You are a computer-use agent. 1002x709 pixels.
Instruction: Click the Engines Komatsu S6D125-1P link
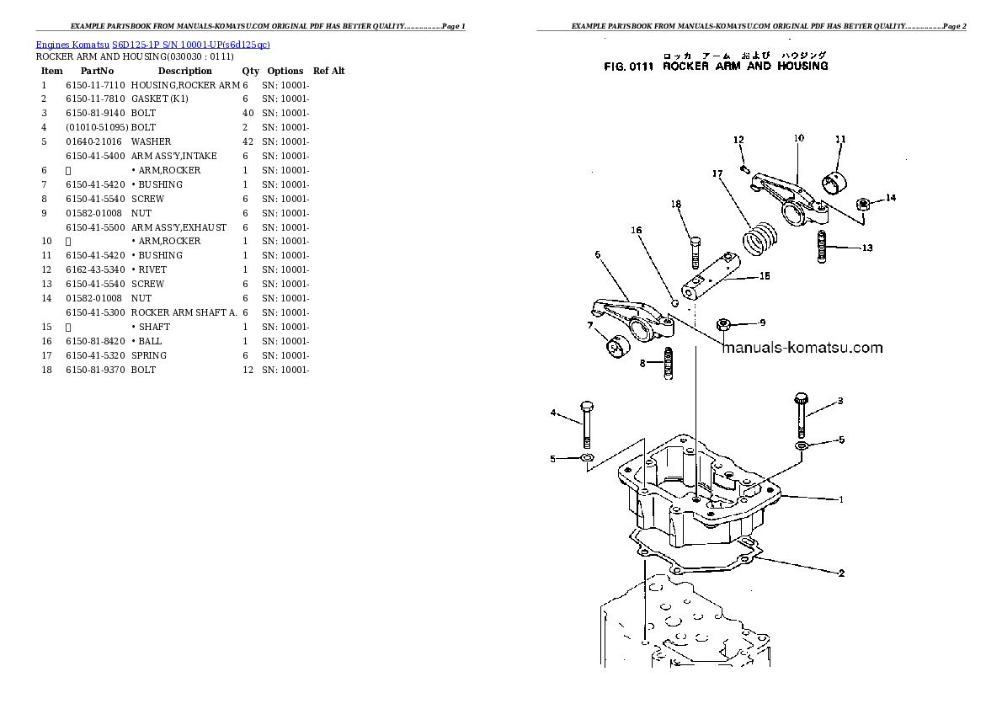[152, 44]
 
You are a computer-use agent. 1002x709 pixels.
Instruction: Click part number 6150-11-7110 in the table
[95, 85]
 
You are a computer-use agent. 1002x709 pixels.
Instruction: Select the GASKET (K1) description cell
[159, 99]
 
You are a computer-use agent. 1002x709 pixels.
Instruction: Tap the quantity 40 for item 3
[248, 114]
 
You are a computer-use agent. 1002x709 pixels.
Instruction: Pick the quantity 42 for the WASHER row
[248, 142]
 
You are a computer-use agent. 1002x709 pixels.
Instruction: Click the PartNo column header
[91, 72]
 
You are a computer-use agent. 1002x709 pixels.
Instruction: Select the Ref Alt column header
[328, 72]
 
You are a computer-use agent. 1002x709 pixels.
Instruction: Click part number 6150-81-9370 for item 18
[95, 370]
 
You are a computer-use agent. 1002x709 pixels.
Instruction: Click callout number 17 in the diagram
[717, 174]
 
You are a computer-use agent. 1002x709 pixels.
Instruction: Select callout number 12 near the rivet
[738, 140]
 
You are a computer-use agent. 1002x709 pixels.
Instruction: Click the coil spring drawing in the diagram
[760, 237]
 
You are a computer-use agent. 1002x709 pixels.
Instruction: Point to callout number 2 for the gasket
[840, 573]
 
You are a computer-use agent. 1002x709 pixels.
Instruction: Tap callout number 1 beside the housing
[840, 499]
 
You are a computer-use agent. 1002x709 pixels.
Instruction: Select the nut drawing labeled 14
[862, 203]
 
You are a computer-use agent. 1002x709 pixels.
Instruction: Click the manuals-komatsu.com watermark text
[802, 348]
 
